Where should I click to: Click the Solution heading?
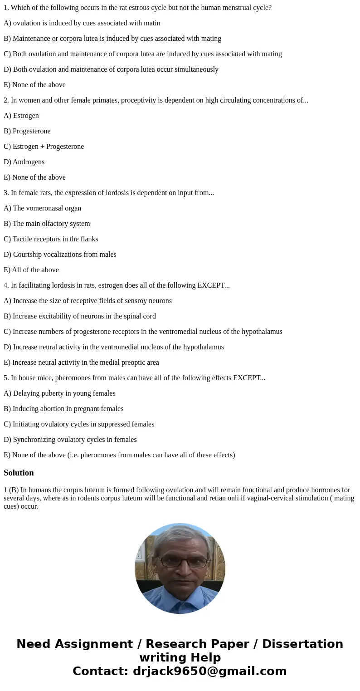[x=19, y=473]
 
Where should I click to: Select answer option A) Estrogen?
[x=21, y=116]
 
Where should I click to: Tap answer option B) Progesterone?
[x=27, y=131]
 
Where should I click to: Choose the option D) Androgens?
[x=24, y=162]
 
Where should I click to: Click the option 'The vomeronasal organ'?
[x=43, y=208]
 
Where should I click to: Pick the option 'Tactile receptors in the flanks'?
[x=51, y=239]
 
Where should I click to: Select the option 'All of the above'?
[x=31, y=270]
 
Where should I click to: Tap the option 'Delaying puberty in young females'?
[x=59, y=393]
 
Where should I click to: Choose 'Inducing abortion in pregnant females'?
[x=63, y=409]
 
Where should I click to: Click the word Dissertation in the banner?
[x=302, y=644]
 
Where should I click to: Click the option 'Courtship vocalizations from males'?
[x=60, y=255]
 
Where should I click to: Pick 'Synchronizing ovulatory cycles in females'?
[x=70, y=440]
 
